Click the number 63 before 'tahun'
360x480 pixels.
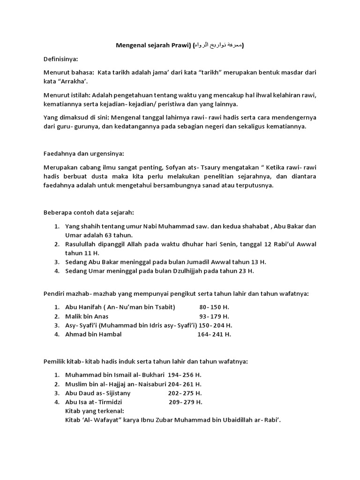[x=112, y=235]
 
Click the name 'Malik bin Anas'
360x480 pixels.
[x=87, y=316]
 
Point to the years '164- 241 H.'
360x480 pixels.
[x=214, y=334]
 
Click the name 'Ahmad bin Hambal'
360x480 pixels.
[x=93, y=334]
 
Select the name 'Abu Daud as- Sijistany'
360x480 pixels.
[x=98, y=393]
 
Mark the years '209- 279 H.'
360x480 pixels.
[x=186, y=402]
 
